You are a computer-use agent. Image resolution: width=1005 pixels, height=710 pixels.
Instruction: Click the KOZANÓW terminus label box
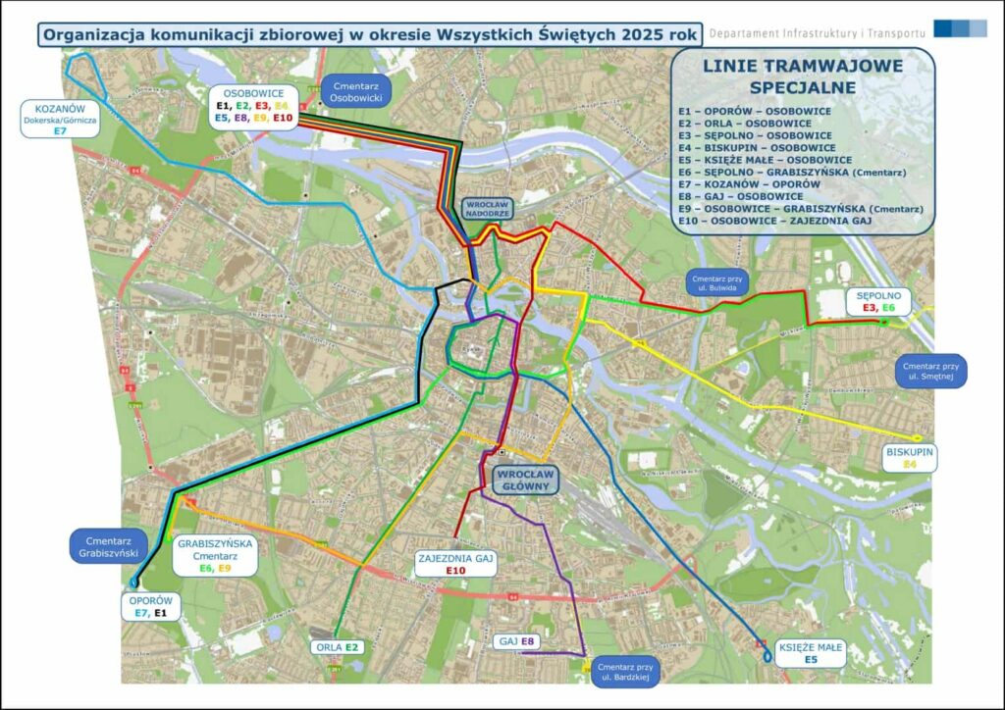(60, 117)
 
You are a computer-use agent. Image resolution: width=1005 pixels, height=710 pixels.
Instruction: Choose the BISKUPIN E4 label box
(909, 457)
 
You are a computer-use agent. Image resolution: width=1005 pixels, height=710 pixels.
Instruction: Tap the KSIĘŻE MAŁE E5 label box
(810, 653)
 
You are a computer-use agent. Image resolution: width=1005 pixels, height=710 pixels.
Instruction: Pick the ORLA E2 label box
(338, 647)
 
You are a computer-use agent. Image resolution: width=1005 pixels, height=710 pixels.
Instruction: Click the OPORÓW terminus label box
(151, 607)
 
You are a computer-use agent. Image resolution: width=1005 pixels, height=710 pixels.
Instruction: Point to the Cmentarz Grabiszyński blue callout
(108, 545)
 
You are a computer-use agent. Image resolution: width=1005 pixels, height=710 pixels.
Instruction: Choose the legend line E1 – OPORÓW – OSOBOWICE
(754, 111)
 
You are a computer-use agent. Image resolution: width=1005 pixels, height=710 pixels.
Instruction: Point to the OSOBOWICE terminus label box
(253, 105)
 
